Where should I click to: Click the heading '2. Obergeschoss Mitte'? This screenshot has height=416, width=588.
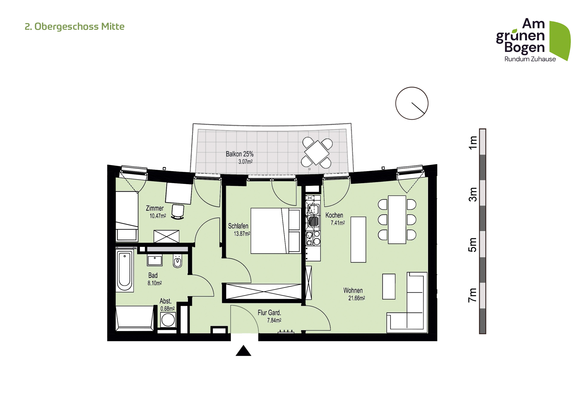pos(74,27)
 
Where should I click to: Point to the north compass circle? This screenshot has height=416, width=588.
pos(412,103)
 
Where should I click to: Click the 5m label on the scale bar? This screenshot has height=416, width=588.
pos(473,245)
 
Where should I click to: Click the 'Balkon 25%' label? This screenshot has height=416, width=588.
pos(240,154)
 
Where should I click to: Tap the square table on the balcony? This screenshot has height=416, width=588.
pos(317,153)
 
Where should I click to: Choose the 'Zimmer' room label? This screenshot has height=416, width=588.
pos(155,208)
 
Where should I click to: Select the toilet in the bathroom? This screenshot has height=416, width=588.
pos(177,261)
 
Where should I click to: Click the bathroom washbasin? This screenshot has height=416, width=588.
pos(155,260)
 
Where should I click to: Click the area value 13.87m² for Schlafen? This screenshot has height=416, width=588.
pos(242,234)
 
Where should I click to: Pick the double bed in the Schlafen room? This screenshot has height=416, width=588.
pos(276,231)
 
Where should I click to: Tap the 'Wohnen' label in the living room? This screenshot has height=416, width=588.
pos(353,290)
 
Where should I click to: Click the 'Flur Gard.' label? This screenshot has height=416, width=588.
pos(269,313)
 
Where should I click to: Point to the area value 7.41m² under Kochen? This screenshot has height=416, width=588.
pos(338,223)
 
